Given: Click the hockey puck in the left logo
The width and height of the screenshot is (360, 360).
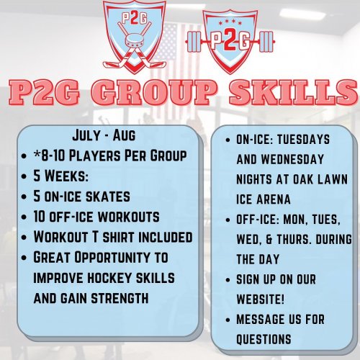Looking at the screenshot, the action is tap(135, 42).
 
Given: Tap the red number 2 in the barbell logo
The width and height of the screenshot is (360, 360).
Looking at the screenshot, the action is tap(230, 41).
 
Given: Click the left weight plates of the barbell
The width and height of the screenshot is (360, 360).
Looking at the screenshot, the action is tap(194, 42).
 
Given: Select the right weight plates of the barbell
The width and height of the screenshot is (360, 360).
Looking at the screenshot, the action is tap(267, 42).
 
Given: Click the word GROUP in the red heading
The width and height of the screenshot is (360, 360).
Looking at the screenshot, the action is tap(153, 91).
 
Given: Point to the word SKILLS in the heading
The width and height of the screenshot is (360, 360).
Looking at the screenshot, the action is tap(293, 91).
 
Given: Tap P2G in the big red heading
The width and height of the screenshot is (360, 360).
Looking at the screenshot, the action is tap(44, 92).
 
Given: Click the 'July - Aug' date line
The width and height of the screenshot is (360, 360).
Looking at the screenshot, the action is tap(104, 135).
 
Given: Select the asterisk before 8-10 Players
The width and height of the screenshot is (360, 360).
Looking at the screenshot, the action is tap(37, 154).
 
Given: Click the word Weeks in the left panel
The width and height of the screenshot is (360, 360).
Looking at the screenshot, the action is tap(66, 176).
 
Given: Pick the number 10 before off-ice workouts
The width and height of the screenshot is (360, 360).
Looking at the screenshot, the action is tap(40, 217).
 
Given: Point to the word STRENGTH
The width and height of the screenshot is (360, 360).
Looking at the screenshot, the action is tap(120, 298).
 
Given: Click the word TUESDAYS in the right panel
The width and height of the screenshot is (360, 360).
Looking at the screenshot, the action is tap(303, 140).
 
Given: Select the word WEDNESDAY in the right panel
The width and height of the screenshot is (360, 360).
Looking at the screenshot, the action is tap(292, 159).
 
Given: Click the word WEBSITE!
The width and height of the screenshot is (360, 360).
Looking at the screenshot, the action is tap(260, 299).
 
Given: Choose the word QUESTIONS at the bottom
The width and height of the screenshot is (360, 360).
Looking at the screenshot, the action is tap(264, 339).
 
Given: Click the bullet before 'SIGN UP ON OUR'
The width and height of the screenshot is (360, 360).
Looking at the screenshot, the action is tap(228, 280).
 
